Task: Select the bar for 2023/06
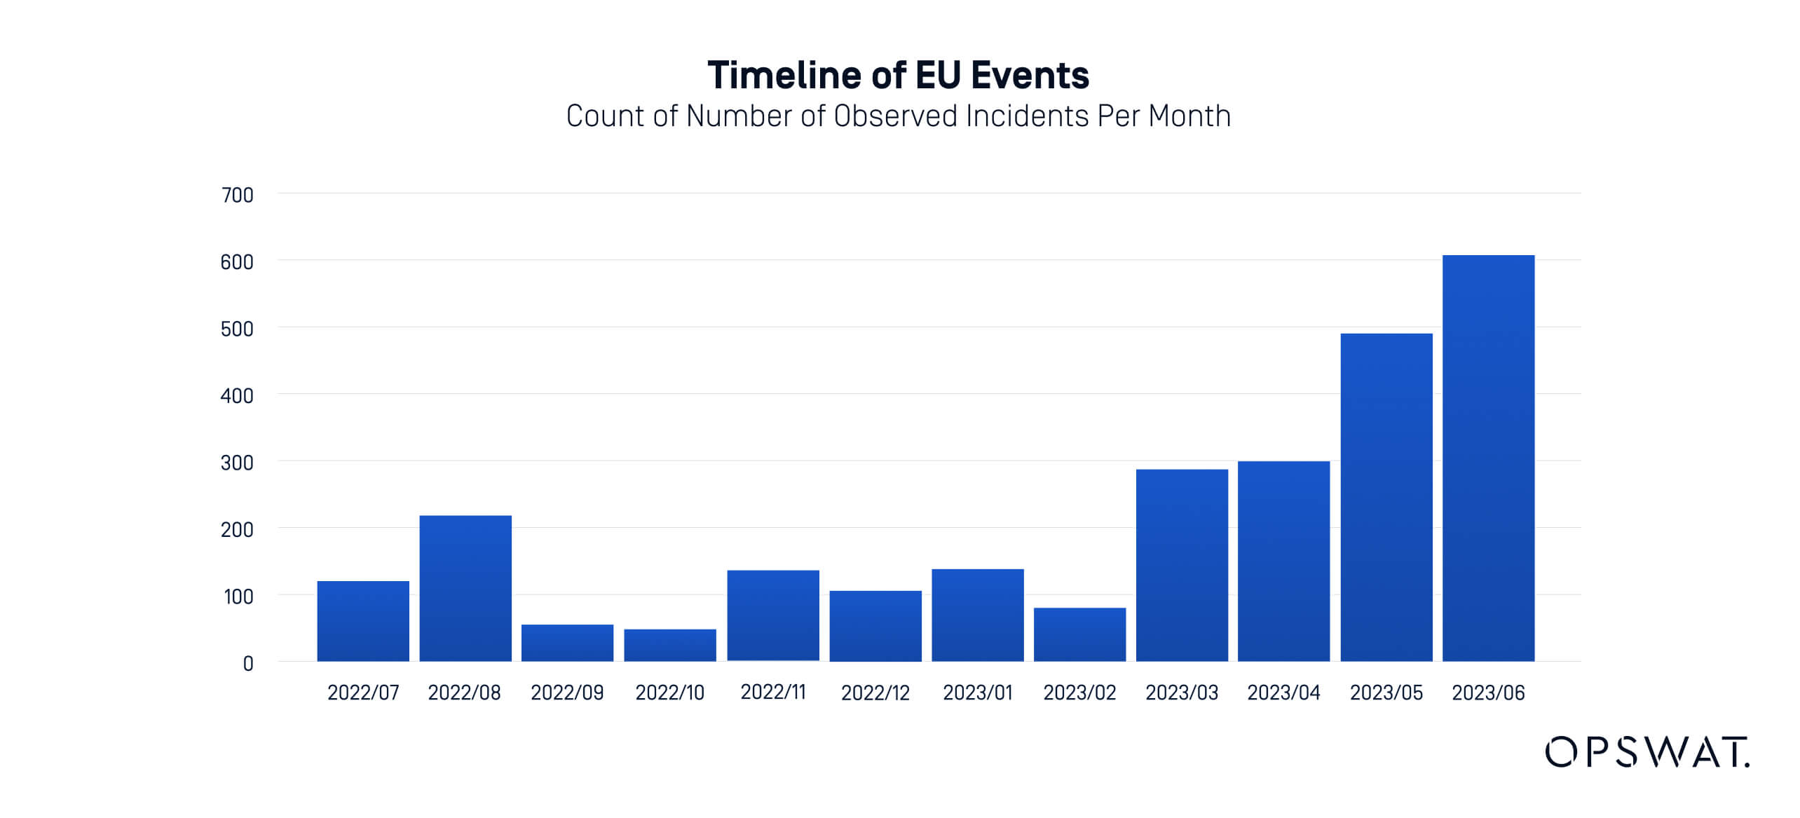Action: coord(1488,458)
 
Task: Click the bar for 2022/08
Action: coord(465,589)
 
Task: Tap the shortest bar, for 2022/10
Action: coord(670,646)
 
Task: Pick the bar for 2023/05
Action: coord(1386,498)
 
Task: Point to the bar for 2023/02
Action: coord(1079,635)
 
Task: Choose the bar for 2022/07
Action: coord(363,621)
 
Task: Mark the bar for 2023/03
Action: coord(1182,566)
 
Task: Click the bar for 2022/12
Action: coord(875,626)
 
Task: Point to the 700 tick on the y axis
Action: coord(237,196)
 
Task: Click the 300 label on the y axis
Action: coord(237,463)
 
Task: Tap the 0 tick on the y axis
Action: coord(248,664)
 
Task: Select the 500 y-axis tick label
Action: coord(237,329)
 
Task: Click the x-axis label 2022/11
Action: coord(773,693)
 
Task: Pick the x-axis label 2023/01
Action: coord(978,693)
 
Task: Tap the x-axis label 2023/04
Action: coord(1283,693)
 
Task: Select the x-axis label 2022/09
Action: coord(567,693)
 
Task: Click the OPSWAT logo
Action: coord(1646,752)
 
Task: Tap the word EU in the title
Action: coord(939,76)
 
